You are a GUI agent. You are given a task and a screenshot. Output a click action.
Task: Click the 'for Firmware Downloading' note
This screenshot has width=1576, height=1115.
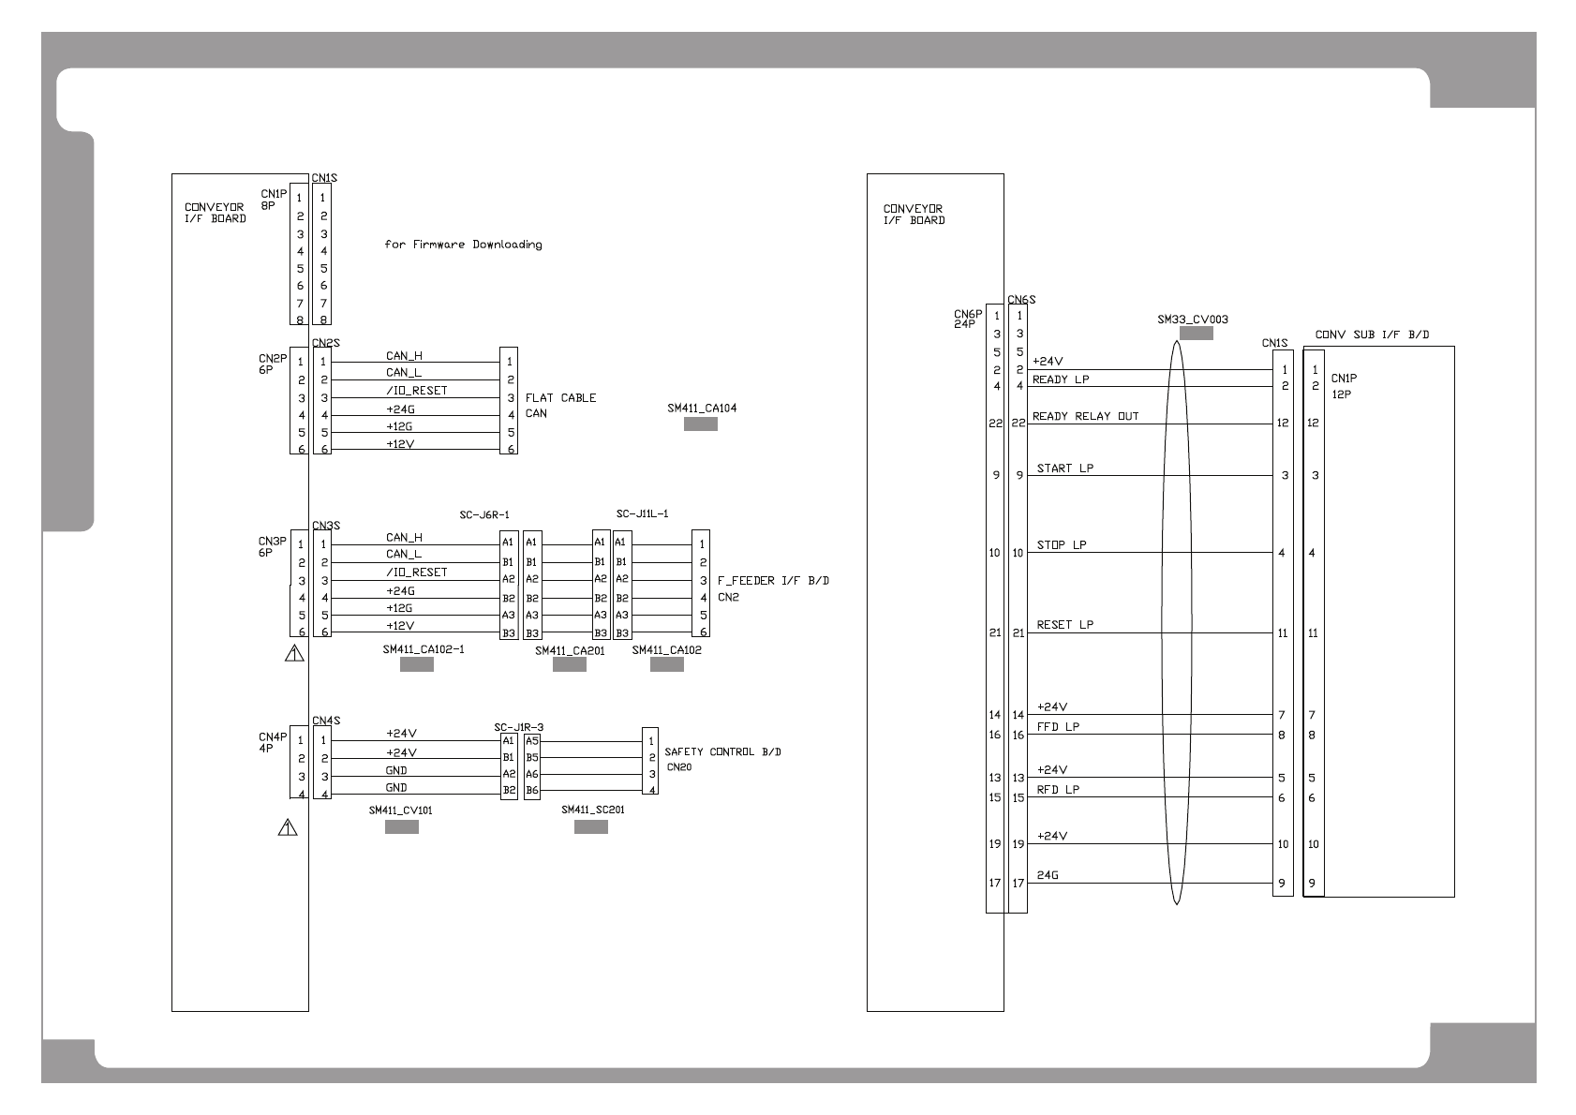tap(463, 245)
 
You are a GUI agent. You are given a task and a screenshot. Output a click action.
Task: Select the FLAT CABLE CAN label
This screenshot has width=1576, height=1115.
tap(560, 405)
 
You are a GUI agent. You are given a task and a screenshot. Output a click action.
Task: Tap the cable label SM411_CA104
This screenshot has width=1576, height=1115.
tap(702, 409)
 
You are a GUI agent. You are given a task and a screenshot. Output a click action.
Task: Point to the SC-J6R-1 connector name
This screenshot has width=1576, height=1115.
tap(484, 515)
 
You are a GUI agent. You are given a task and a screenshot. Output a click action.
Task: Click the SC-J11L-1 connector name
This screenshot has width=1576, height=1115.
tap(642, 513)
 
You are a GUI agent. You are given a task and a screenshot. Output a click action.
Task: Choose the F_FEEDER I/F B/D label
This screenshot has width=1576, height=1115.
tap(773, 581)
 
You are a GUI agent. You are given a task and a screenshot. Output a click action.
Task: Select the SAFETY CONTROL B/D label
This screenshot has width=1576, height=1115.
tap(722, 752)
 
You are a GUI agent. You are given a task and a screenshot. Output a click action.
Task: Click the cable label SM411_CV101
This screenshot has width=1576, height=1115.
tap(400, 810)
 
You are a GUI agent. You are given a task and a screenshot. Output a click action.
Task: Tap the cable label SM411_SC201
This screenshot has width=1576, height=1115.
tap(592, 810)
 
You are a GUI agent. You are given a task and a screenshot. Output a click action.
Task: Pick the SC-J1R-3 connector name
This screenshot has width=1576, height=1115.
tap(518, 727)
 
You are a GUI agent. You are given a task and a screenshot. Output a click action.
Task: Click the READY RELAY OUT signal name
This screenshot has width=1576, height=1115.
tap(1085, 416)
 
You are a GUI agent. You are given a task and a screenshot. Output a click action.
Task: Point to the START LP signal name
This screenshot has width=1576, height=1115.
tap(1064, 468)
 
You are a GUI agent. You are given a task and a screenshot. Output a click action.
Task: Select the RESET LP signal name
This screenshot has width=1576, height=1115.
tap(1064, 625)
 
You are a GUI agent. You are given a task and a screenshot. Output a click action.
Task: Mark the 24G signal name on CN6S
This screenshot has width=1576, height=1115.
tap(1048, 876)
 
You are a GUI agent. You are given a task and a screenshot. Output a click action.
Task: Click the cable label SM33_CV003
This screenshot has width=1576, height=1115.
tap(1192, 320)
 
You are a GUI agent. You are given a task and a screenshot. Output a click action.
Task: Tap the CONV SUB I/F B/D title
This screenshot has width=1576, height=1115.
tap(1372, 334)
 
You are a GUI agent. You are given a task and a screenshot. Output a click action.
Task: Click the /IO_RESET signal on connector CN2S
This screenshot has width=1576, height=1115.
tap(416, 391)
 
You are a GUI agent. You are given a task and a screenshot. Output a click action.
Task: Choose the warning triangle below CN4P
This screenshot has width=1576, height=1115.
tap(288, 827)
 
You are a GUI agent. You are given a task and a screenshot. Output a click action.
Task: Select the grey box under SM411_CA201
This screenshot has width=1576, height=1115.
tap(569, 665)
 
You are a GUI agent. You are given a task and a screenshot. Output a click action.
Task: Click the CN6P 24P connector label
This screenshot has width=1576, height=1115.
tap(967, 320)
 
